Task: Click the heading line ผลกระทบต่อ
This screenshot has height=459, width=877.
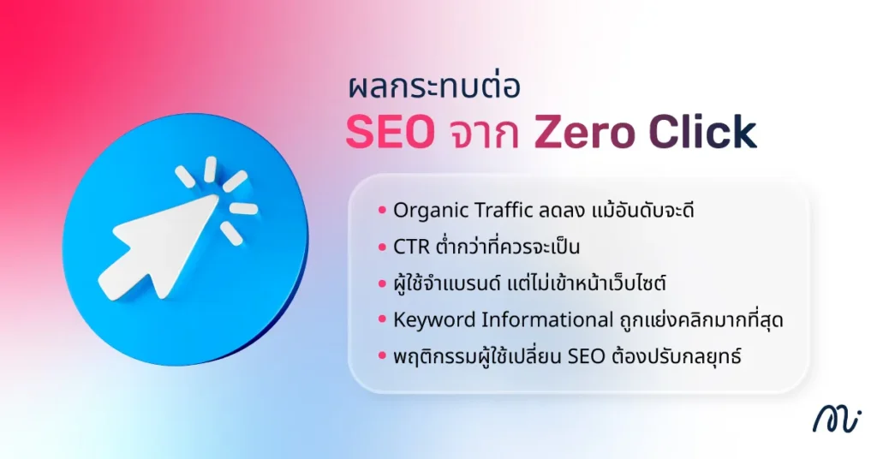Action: (423, 89)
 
